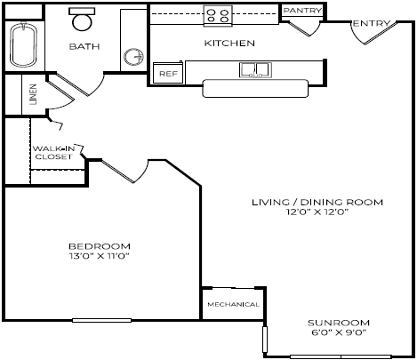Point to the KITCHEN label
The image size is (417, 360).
pos(230,43)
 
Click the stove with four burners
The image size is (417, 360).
pos(218,14)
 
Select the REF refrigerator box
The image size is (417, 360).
pos(166,74)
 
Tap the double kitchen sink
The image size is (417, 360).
pos(255,69)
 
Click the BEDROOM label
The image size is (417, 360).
pos(100,246)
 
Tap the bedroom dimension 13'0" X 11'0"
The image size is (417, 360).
pos(100,257)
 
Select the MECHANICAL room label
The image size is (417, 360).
pos(233,304)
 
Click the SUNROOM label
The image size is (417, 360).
pos(338,322)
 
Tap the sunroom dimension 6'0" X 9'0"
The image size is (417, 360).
pos(338,332)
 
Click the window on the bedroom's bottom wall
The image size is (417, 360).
pos(101,319)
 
